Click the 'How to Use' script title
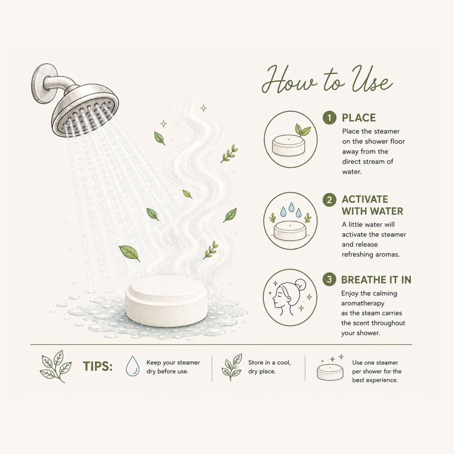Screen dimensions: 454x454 pyautogui.click(x=327, y=79)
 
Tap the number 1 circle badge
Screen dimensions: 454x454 pyautogui.click(x=329, y=118)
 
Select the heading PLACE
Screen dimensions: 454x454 pyautogui.click(x=359, y=118)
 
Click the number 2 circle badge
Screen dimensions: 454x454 pyautogui.click(x=329, y=200)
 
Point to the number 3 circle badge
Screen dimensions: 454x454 pyautogui.click(x=329, y=279)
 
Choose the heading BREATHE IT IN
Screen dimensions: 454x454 pyautogui.click(x=376, y=280)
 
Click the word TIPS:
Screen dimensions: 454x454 pyautogui.click(x=98, y=366)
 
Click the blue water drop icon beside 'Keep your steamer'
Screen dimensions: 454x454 pyautogui.click(x=133, y=366)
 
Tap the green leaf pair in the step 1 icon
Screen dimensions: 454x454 pyautogui.click(x=302, y=130)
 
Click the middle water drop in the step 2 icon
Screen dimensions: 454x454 pyautogui.click(x=291, y=207)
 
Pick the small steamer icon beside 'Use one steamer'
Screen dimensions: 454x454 pyautogui.click(x=330, y=372)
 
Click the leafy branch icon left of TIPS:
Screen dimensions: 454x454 pyautogui.click(x=55, y=366)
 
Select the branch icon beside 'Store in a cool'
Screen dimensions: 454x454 pyautogui.click(x=232, y=367)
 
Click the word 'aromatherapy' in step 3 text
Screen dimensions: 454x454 pyautogui.click(x=363, y=303)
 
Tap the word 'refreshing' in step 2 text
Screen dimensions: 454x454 pyautogui.click(x=356, y=254)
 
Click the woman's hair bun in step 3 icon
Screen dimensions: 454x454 pyautogui.click(x=301, y=284)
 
